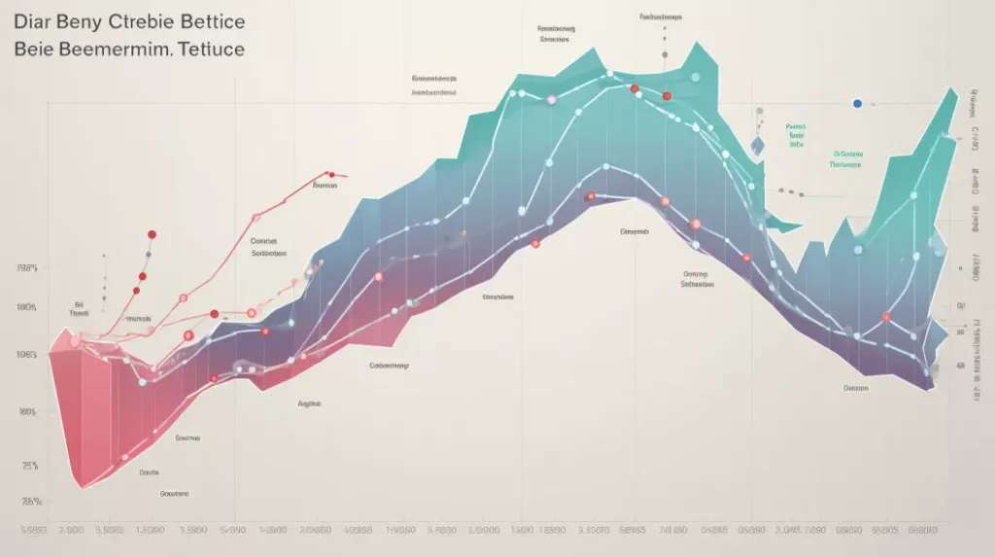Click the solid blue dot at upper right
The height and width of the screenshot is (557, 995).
pos(857,103)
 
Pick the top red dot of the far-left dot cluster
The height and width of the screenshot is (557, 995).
pos(152,234)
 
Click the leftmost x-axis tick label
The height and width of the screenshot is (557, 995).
pos(35,531)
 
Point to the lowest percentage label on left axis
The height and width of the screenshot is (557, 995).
pos(31,502)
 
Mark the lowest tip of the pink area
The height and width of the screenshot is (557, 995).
pos(80,487)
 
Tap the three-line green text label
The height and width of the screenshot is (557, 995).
pos(797,134)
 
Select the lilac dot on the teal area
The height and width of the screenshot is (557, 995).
pos(551,100)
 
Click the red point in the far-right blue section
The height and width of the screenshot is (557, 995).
pos(886,316)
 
